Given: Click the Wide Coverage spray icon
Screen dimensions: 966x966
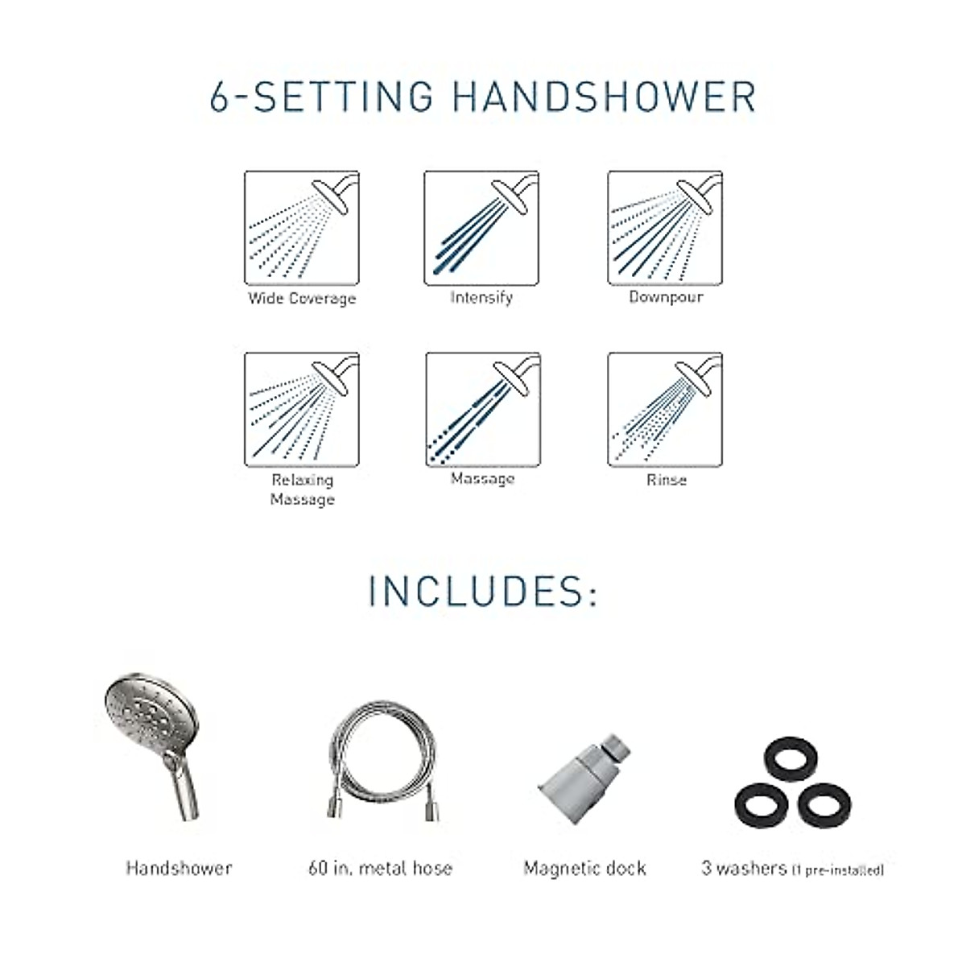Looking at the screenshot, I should (302, 228).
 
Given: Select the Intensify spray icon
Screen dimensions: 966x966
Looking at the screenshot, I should (481, 228).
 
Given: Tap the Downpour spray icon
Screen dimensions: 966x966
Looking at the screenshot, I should (665, 228).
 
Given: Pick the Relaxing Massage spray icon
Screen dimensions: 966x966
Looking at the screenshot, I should (302, 409).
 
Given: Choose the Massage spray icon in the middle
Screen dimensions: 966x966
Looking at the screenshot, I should (482, 409).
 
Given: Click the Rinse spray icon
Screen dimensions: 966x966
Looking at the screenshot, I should (665, 409).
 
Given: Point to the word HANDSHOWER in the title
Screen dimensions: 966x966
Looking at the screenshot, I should (604, 96).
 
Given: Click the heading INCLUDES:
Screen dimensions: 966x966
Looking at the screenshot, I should (483, 591).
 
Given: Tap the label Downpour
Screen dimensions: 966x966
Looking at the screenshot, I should (666, 297).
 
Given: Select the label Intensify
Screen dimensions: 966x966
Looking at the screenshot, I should (481, 298).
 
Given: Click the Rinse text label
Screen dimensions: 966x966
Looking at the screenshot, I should (667, 480).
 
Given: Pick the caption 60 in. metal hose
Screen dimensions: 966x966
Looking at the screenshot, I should (380, 868).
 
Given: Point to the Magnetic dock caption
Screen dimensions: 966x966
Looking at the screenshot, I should (584, 868).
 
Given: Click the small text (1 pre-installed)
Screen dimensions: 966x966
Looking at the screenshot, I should (837, 870).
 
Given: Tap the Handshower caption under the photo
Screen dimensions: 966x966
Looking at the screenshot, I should (179, 868).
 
